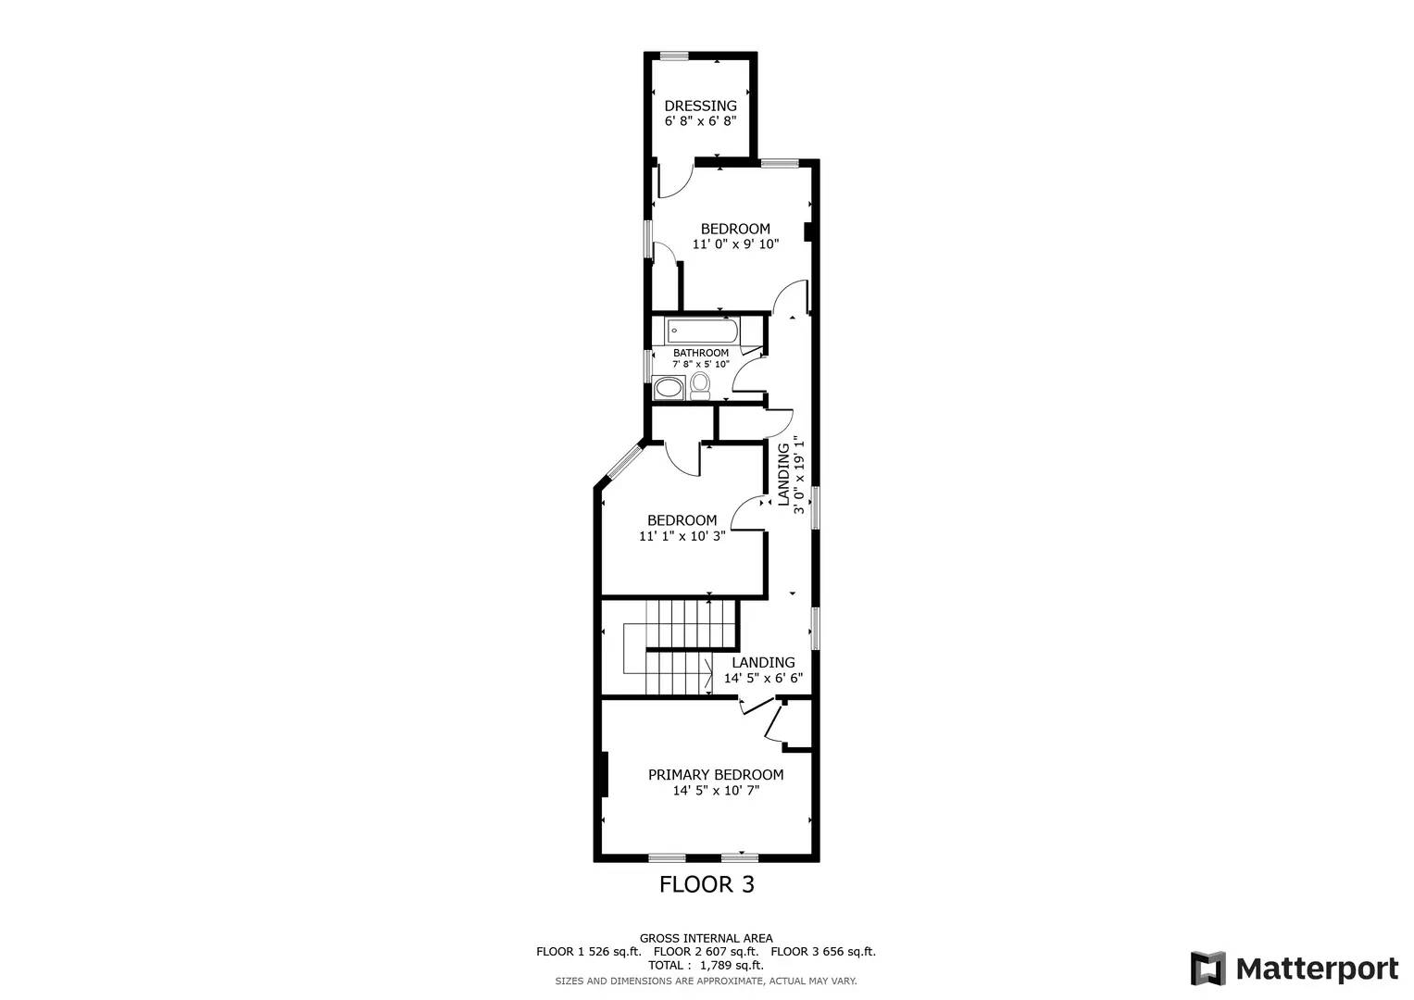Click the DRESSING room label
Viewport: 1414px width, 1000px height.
point(700,106)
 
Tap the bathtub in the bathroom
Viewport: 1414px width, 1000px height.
point(704,331)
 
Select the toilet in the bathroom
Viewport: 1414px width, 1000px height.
point(700,384)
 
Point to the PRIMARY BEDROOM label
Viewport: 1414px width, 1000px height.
point(715,775)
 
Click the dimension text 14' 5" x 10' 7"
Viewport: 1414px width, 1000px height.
point(715,791)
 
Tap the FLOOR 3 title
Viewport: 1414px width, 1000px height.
point(707,884)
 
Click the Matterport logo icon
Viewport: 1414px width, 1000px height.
point(1208,969)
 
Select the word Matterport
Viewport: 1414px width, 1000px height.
point(1317,969)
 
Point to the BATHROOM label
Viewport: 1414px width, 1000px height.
point(700,353)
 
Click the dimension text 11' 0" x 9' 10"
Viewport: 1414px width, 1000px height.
point(735,244)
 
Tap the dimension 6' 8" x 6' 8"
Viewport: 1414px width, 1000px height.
point(700,121)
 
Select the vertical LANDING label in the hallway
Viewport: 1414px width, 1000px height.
point(783,474)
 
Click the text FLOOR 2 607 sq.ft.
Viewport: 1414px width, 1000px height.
point(706,951)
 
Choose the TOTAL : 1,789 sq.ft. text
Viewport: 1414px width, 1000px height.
point(706,965)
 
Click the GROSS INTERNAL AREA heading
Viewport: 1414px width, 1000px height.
point(706,938)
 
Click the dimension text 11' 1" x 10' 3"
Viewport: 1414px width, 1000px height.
point(682,536)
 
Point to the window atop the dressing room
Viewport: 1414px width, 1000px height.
point(673,56)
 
